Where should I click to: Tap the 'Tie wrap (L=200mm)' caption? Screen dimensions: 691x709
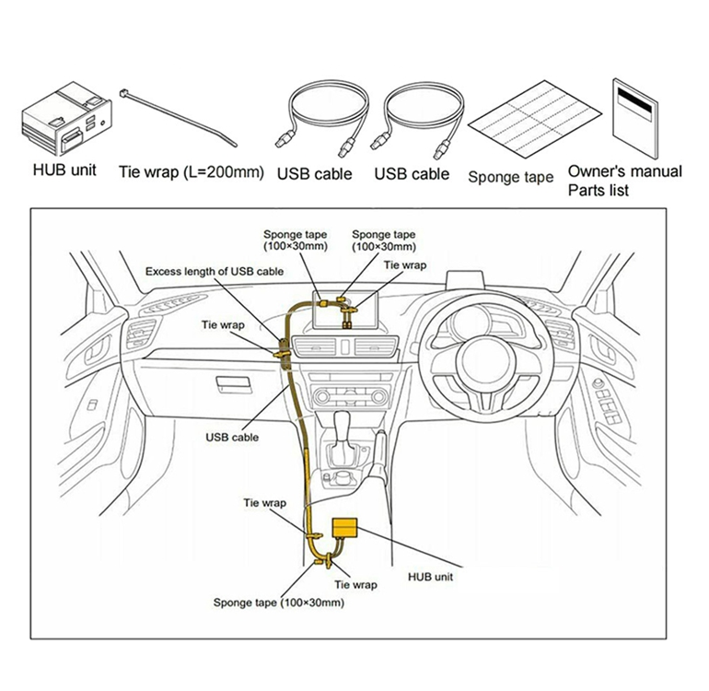coord(191,172)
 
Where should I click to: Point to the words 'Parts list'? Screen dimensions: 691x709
coord(599,191)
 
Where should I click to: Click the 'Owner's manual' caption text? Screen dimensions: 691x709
coord(624,171)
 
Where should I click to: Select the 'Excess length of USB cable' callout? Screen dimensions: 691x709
coord(214,272)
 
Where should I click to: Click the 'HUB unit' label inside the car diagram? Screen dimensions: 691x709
coord(430,578)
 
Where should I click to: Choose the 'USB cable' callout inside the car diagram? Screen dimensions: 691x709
coord(231,438)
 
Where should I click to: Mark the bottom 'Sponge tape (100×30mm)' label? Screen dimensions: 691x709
coord(279,603)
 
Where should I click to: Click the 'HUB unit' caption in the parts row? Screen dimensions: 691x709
coord(64,171)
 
